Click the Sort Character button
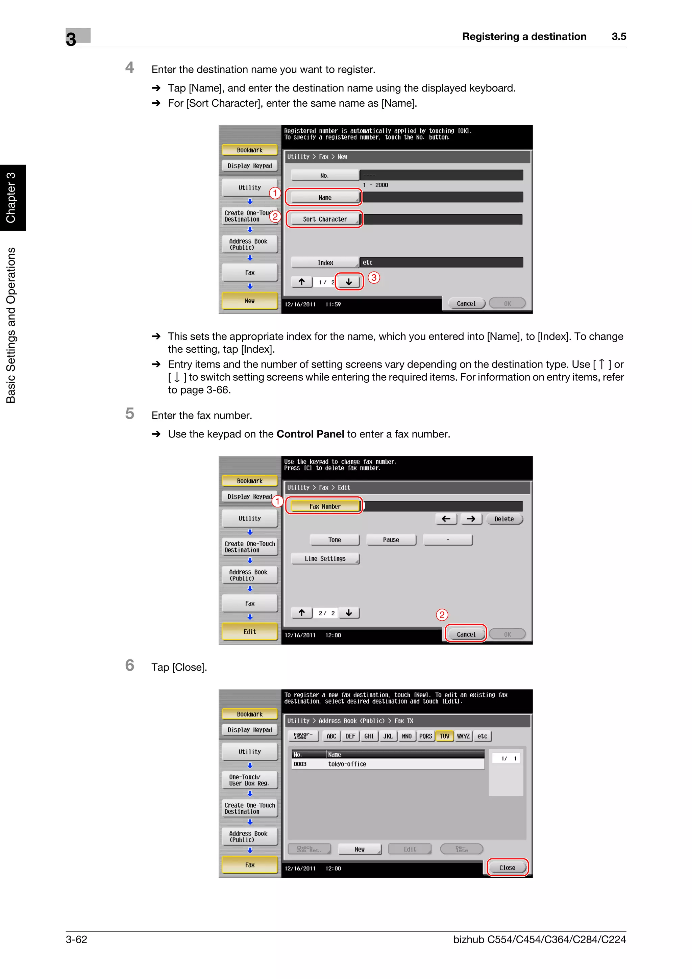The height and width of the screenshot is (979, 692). [325, 219]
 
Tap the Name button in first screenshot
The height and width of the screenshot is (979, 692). [325, 197]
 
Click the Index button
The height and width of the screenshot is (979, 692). [325, 263]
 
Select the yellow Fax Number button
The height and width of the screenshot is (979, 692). [325, 506]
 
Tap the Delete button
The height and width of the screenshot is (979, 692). [504, 519]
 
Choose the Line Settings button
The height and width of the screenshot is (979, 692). [325, 558]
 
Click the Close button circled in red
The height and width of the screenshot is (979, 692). [507, 868]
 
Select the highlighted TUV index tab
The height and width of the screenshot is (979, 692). [444, 736]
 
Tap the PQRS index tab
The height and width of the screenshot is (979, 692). [425, 736]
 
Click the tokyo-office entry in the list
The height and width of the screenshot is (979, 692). [347, 764]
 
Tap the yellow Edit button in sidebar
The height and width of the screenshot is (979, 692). [250, 631]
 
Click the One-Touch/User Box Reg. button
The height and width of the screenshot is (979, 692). [250, 780]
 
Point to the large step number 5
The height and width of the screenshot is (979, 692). [130, 413]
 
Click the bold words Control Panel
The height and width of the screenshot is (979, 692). [310, 434]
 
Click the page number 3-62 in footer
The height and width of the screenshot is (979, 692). [76, 939]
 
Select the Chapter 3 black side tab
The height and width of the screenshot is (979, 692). [12, 197]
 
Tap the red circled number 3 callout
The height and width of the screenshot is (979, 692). [374, 278]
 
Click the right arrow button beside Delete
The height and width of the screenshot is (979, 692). [471, 519]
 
